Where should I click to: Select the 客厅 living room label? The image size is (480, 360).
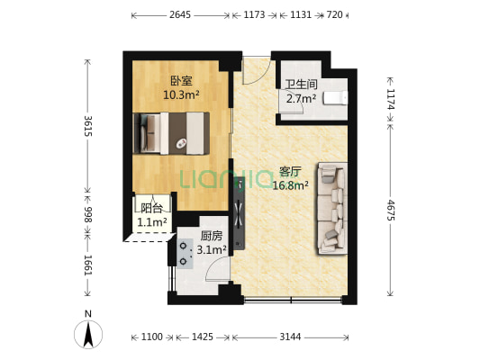(289, 172)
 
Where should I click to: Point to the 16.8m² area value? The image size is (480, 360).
(290, 185)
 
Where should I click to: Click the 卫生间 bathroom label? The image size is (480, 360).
(300, 85)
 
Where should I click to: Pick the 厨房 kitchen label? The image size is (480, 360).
(212, 237)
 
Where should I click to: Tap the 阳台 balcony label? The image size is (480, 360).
(152, 207)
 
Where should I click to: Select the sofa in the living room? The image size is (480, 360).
(331, 206)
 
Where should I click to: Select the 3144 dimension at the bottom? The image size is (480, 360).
(289, 337)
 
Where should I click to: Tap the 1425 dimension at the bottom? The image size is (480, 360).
(203, 337)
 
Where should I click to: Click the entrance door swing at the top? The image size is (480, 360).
(255, 70)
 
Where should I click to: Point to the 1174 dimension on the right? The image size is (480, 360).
(390, 100)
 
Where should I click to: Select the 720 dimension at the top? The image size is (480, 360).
(334, 15)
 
